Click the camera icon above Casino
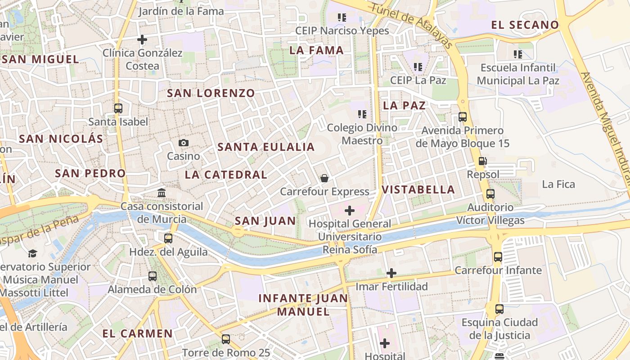(x=184, y=143)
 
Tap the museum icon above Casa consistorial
(x=162, y=193)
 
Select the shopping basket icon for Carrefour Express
(x=324, y=179)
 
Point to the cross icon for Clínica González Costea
(x=142, y=40)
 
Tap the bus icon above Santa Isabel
(x=118, y=108)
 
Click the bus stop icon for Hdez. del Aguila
(x=168, y=238)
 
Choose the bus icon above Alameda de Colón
(x=153, y=276)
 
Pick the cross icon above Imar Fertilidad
(x=391, y=273)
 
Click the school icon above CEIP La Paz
(x=418, y=67)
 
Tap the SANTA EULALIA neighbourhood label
(x=266, y=147)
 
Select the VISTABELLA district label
(x=418, y=189)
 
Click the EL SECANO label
(x=525, y=25)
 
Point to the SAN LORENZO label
(x=211, y=94)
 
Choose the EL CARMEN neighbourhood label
(x=138, y=333)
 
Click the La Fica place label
(x=558, y=184)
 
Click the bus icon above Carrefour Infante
(x=498, y=257)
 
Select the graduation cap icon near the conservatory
(x=32, y=253)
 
